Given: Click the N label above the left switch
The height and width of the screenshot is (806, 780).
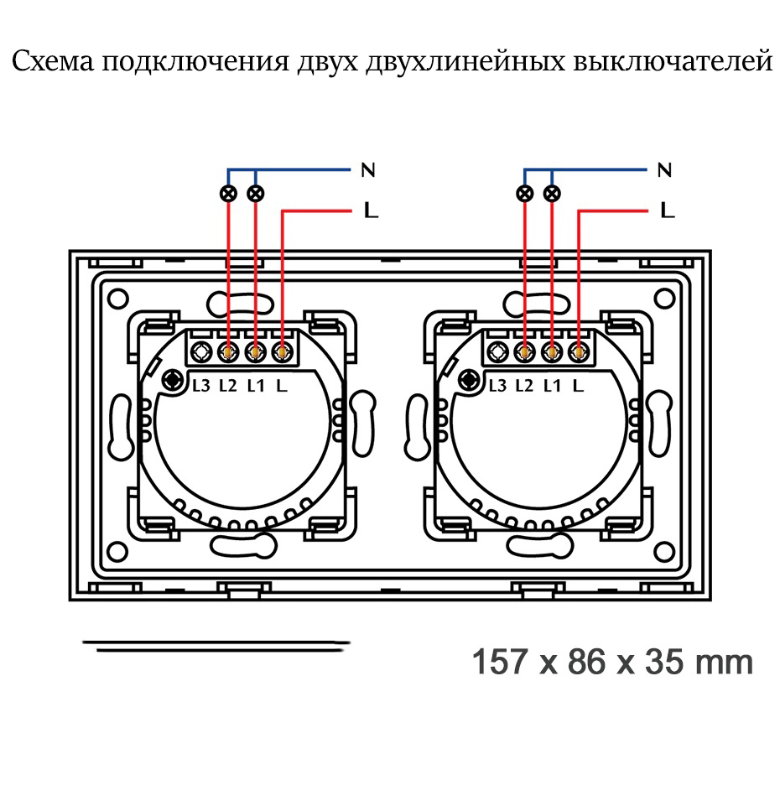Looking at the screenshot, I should (x=367, y=170).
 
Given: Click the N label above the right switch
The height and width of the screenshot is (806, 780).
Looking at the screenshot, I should (x=664, y=170).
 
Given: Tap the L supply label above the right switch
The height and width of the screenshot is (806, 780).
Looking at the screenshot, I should (x=668, y=210).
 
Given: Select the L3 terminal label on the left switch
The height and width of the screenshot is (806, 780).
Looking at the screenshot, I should (x=201, y=386).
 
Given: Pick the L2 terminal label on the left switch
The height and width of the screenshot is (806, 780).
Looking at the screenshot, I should (x=228, y=386).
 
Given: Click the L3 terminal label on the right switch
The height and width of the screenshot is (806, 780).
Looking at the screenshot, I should (x=497, y=386).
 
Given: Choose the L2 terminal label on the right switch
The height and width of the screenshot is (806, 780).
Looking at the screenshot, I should (x=524, y=386).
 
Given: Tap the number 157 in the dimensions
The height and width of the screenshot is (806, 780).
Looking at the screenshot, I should (x=501, y=662).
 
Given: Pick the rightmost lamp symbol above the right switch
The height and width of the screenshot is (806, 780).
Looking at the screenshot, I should (x=552, y=194).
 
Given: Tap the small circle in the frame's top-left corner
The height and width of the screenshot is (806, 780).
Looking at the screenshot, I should (x=118, y=296).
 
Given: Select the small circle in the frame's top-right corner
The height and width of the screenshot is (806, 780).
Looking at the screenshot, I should (x=664, y=296).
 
